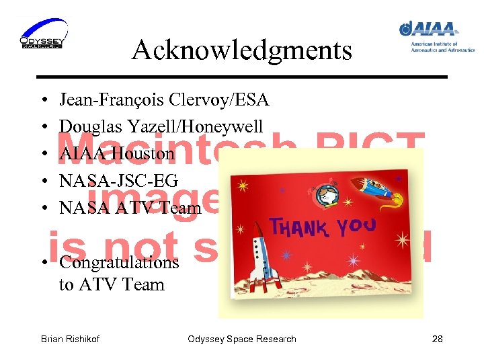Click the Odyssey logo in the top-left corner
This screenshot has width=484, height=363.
click(x=44, y=34)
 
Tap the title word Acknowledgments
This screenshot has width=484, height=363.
click(x=241, y=50)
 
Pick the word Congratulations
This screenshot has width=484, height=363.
click(x=119, y=262)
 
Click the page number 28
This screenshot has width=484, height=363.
click(x=437, y=339)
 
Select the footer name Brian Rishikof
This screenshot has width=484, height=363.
click(x=70, y=339)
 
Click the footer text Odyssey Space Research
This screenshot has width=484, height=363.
click(x=241, y=339)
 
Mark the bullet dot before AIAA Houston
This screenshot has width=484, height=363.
click(x=43, y=154)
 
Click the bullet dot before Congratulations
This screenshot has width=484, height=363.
click(x=43, y=262)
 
